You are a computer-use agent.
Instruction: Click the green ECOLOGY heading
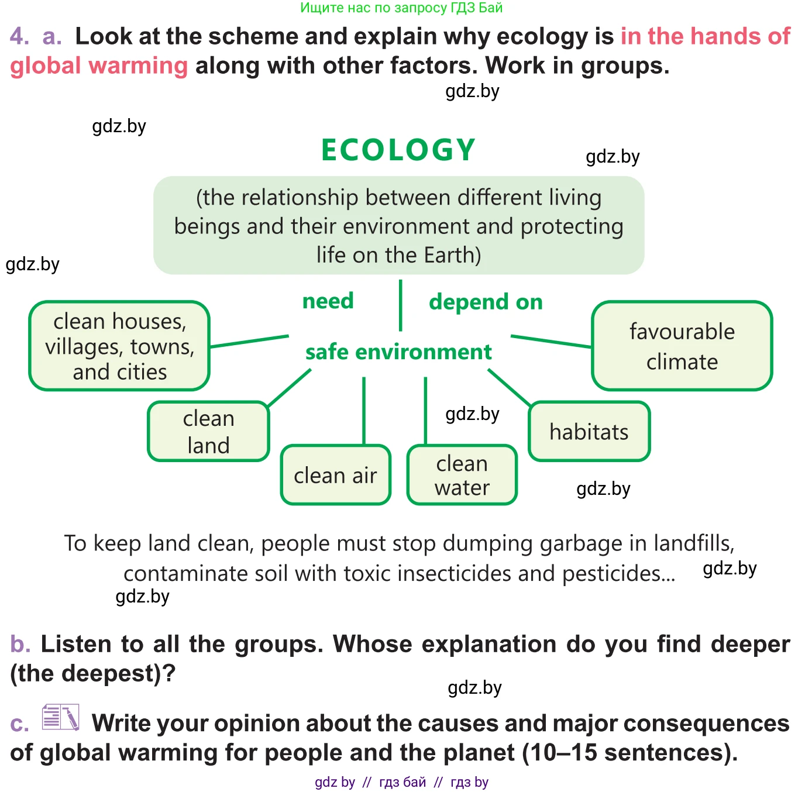click(x=398, y=150)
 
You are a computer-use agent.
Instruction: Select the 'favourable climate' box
click(x=682, y=346)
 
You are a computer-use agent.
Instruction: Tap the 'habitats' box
click(x=589, y=432)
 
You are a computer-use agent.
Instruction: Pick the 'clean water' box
click(x=462, y=475)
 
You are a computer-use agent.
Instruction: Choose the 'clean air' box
click(x=335, y=475)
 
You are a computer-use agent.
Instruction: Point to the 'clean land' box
click(x=208, y=432)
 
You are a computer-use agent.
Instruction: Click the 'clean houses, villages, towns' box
click(x=119, y=346)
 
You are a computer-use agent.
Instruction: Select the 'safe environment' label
click(x=398, y=352)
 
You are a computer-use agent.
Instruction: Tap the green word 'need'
click(x=328, y=301)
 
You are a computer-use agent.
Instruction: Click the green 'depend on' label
click(x=486, y=302)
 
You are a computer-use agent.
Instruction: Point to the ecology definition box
click(x=398, y=226)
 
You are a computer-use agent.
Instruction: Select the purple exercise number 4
click(x=19, y=36)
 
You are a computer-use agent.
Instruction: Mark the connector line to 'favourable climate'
click(x=551, y=342)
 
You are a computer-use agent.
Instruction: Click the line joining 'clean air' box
click(x=364, y=410)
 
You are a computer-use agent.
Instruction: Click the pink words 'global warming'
click(x=99, y=66)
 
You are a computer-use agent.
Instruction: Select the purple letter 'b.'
click(x=20, y=644)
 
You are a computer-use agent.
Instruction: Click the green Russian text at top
click(x=401, y=8)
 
